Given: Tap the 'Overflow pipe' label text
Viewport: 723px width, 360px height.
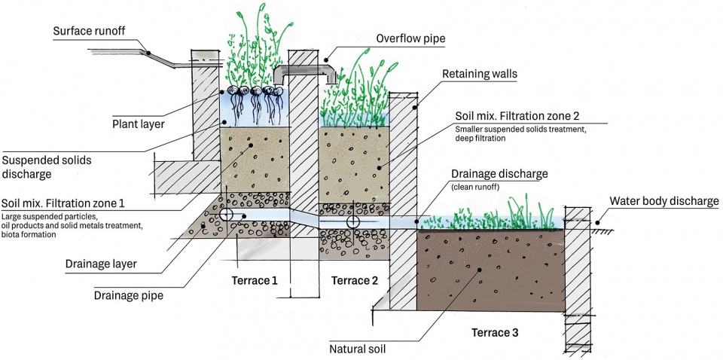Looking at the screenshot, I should click(x=410, y=38).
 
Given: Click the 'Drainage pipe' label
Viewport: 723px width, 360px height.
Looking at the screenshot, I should click(x=129, y=295).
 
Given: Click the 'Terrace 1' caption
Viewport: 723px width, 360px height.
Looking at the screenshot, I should click(x=254, y=281).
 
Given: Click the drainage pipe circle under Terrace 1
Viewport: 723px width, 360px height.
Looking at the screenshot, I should click(x=227, y=215).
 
